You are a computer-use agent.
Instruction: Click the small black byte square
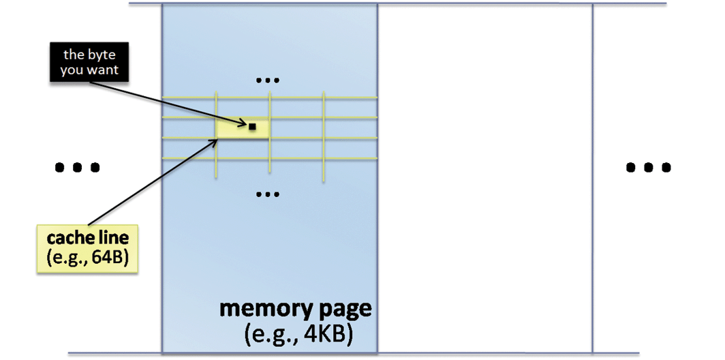pyautogui.click(x=252, y=126)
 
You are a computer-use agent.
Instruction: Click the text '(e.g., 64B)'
pyautogui.click(x=88, y=260)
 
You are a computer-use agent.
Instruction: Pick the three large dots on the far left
pyautogui.click(x=76, y=166)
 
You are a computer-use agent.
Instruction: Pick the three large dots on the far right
pyautogui.click(x=648, y=166)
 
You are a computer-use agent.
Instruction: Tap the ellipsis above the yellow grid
pyautogui.click(x=267, y=80)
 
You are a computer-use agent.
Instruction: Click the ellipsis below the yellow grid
pyautogui.click(x=267, y=194)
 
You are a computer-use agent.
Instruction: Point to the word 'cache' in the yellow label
pyautogui.click(x=67, y=241)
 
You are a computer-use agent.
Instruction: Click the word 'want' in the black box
pyautogui.click(x=103, y=70)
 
